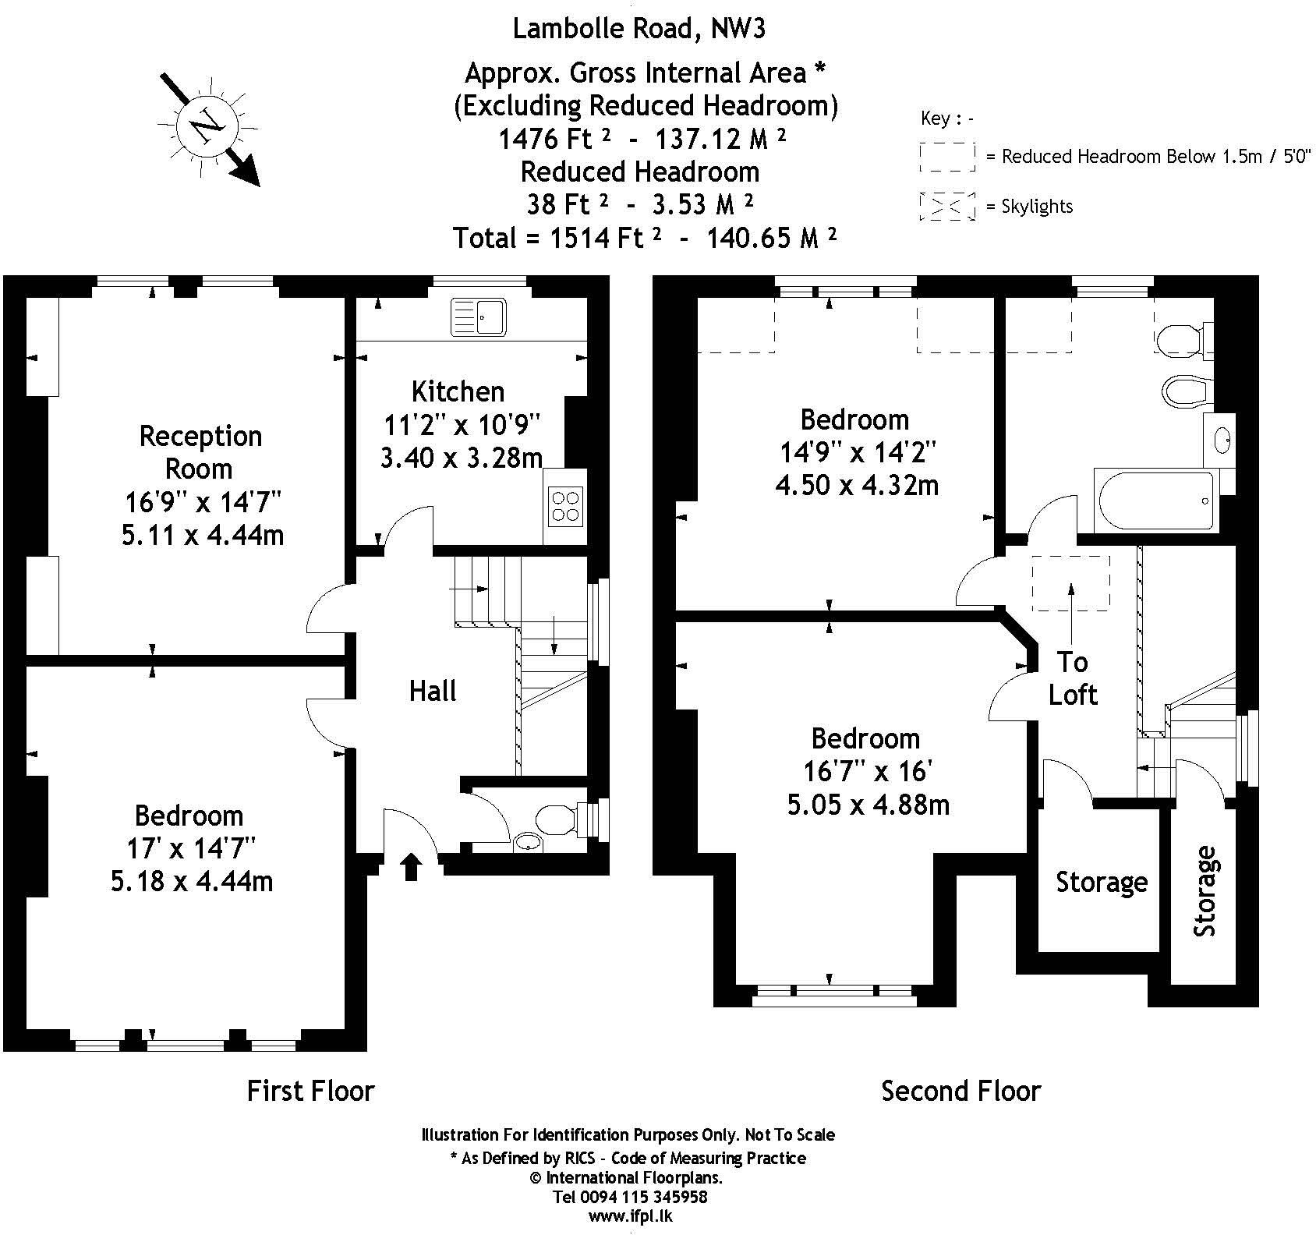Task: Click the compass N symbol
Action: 207,126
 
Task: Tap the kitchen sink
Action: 478,317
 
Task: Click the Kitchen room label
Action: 458,391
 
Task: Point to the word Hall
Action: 433,691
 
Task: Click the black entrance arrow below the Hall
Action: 412,866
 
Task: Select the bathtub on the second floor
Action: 1155,500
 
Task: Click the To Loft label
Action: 1072,678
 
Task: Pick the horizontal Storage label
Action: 1101,882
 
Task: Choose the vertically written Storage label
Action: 1205,891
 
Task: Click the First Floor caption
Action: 310,1091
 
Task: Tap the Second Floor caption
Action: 960,1091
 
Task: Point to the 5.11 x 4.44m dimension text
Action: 202,536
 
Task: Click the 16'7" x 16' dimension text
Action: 868,771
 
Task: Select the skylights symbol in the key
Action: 946,206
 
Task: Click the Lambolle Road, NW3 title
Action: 639,29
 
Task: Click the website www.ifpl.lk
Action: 630,1216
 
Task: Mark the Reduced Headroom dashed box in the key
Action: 946,156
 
